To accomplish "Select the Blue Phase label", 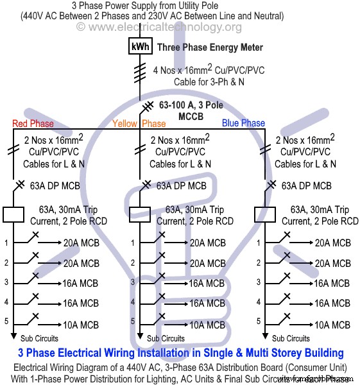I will tap(243, 123).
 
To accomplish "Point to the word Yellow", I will tap(125, 123).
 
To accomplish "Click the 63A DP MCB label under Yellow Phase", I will tap(182, 186).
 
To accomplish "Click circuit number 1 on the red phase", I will tap(6, 243).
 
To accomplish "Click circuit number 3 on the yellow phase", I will tap(132, 282).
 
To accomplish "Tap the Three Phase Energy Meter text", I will tap(210, 47).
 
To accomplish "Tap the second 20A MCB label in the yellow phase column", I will tap(207, 263).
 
